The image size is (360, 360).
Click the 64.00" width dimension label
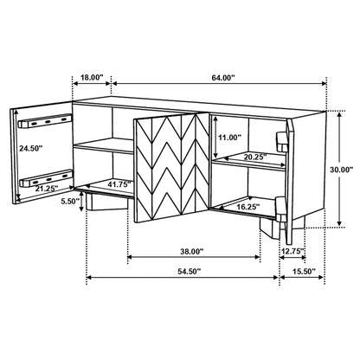223,77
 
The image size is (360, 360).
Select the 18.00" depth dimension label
91,77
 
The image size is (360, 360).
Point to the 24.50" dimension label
33,149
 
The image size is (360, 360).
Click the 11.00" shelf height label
229,138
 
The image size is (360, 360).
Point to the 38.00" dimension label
192,252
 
